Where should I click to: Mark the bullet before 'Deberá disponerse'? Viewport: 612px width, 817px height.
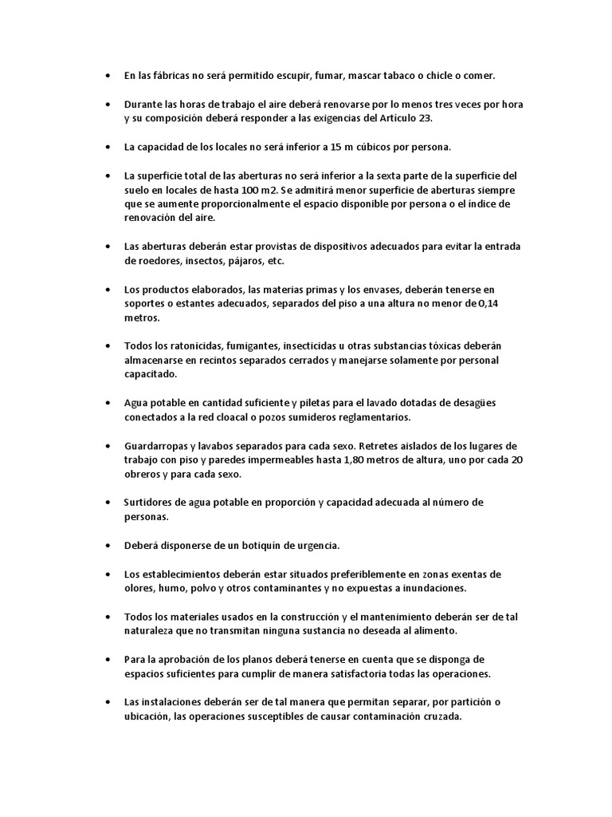(108, 546)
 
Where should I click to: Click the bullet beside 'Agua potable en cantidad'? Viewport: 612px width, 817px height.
(108, 403)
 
